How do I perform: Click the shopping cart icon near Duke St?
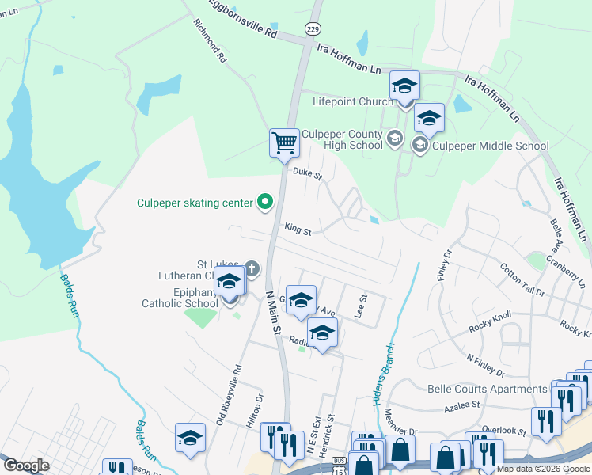click(x=284, y=143)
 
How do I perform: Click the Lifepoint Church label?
click(x=352, y=101)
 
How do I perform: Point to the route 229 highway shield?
click(x=314, y=28)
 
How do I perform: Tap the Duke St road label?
click(x=307, y=172)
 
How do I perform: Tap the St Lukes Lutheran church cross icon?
click(x=252, y=269)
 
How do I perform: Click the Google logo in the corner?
click(x=26, y=465)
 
